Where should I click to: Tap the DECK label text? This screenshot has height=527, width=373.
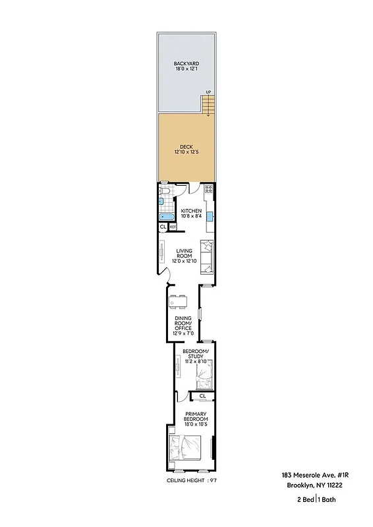[x=186, y=149]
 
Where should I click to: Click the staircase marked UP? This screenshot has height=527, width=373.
[x=209, y=104]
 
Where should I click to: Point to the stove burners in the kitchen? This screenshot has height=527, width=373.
[x=208, y=191]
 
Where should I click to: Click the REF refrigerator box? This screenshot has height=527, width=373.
[x=173, y=227]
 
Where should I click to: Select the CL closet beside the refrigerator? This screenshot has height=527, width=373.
[x=163, y=227]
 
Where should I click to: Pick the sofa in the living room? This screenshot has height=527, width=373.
[x=208, y=257]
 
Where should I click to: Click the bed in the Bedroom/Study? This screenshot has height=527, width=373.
[x=205, y=377]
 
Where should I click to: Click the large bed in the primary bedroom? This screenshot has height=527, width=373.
[x=184, y=450]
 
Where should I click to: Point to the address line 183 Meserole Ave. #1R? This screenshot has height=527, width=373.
[x=312, y=475]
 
